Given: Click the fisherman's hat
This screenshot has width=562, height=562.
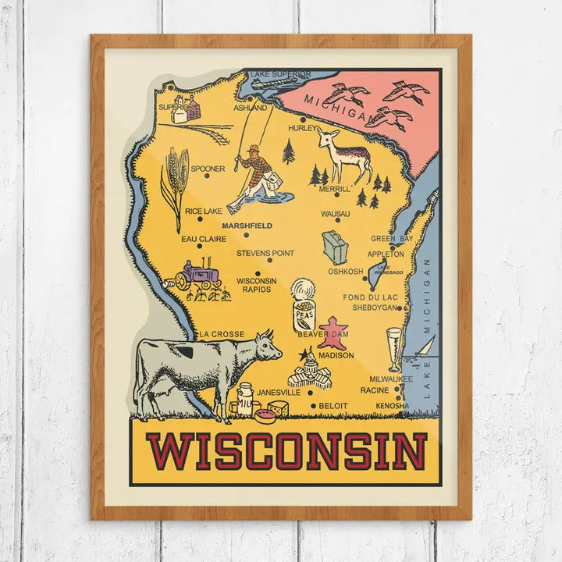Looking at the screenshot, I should point(251,148).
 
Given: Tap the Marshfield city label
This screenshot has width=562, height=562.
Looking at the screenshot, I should point(247,226).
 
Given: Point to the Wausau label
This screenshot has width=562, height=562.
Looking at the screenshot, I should point(335,213).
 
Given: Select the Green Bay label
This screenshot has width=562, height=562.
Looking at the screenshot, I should point(392,238).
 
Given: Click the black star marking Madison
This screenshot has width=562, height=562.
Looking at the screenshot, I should point(303,354).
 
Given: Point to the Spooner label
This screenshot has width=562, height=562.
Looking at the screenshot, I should point(208,168).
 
